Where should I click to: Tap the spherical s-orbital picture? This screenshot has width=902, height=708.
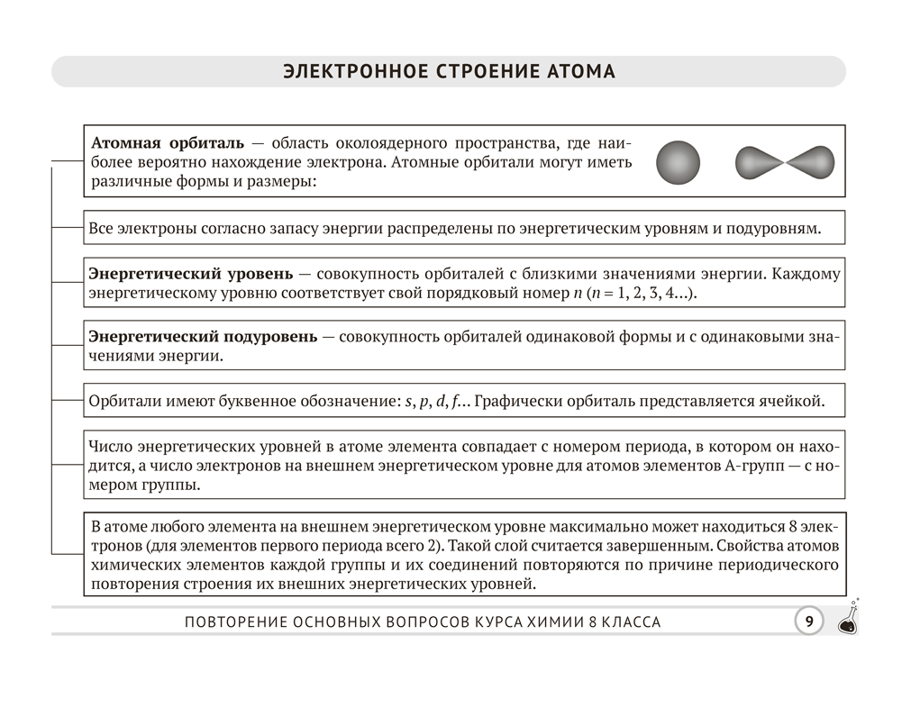678,162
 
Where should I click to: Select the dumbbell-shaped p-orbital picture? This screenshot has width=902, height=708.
785,162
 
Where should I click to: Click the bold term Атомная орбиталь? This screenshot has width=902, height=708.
167,144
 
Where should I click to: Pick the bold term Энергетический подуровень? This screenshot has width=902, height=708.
203,337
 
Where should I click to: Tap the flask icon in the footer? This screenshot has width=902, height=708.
849,620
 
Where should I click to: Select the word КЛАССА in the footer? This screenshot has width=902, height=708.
628,622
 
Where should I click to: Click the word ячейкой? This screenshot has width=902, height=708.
788,401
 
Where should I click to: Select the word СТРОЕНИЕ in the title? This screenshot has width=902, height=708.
481,72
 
